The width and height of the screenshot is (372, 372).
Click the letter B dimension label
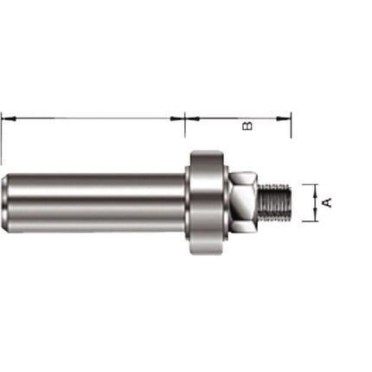point(248,127)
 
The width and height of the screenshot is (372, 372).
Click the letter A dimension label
point(326,202)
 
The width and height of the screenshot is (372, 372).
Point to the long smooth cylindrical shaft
point(95,202)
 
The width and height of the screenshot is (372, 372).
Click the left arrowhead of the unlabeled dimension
point(5,116)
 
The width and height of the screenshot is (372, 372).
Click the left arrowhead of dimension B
point(190,116)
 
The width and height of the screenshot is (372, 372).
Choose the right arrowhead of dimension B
point(286,116)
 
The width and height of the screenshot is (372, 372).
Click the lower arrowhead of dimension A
point(312,217)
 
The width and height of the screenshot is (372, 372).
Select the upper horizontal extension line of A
point(308,183)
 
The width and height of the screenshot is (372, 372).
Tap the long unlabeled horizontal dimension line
point(93,116)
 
